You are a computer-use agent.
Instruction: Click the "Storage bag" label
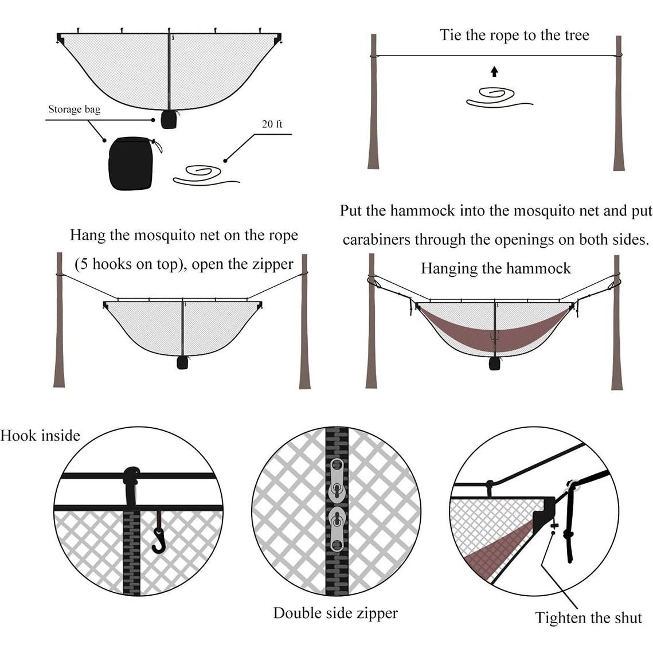coord(74,109)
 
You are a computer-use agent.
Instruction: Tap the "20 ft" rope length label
coord(272,124)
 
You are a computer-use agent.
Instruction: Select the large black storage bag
coord(131,164)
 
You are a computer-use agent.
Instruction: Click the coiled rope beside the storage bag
coord(206,175)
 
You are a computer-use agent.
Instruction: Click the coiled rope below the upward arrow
coord(499,97)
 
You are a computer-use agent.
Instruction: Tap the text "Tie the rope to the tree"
coord(514,35)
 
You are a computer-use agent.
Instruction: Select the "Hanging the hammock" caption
coord(495,268)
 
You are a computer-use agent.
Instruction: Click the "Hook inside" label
coord(40,436)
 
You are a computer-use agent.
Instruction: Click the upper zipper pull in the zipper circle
coord(337,479)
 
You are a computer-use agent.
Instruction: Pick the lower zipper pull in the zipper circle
coord(337,529)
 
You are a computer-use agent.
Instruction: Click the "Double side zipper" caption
coord(335,613)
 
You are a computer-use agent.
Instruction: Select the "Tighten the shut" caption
coord(588,617)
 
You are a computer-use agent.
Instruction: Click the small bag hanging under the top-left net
coord(169,119)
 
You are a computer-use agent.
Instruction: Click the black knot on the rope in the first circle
coord(132,474)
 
